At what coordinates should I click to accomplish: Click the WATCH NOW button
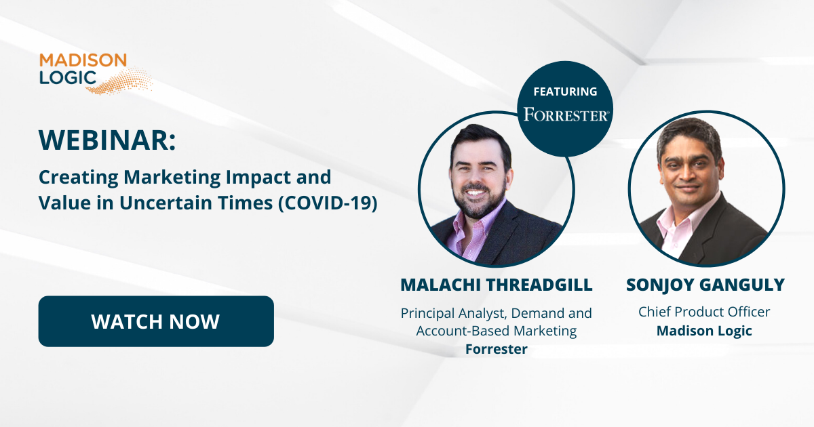tap(156, 321)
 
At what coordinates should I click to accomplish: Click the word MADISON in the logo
tap(83, 60)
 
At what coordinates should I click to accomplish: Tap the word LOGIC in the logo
tap(68, 77)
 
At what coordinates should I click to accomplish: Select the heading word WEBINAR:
tap(107, 140)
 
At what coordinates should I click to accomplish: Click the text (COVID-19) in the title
tap(328, 203)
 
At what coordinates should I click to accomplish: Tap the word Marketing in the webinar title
tap(172, 178)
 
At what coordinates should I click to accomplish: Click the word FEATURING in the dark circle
tap(565, 91)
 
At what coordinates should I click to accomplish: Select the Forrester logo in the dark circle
tap(566, 115)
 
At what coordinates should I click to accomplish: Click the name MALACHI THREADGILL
tap(497, 285)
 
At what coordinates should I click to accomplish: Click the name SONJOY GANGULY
tap(705, 285)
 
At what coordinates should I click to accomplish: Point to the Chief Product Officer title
tap(704, 312)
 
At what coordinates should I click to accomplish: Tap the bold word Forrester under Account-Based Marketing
tap(497, 349)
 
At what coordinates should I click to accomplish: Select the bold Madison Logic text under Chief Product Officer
tap(704, 331)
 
